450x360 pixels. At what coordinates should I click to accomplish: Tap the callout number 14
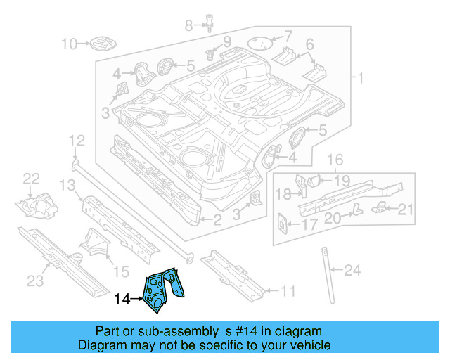(x=122, y=300)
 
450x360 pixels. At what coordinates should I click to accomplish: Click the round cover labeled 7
(x=262, y=41)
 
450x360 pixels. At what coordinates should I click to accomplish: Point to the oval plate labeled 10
(x=99, y=45)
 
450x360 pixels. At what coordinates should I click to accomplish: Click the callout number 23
(x=35, y=281)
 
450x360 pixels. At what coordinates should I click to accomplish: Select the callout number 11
(x=288, y=290)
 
